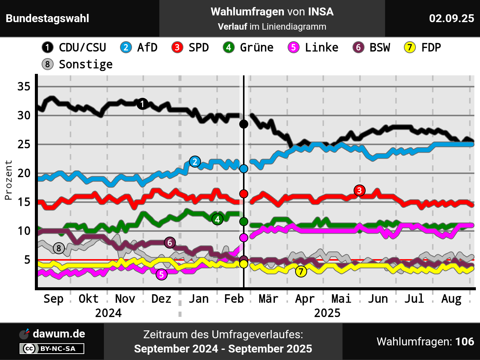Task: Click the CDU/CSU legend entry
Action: click(74, 48)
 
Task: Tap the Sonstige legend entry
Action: click(77, 64)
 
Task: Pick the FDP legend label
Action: click(423, 48)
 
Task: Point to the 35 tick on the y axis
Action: click(24, 87)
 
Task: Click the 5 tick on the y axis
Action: click(27, 259)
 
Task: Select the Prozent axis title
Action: click(8, 180)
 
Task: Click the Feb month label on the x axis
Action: click(234, 299)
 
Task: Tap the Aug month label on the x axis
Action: click(451, 299)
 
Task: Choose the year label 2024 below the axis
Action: click(108, 313)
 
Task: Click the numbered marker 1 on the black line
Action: click(142, 104)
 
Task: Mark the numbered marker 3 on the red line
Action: click(359, 190)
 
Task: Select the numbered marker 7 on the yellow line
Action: click(301, 271)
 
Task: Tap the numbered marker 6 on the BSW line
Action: click(169, 243)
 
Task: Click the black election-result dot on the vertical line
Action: click(244, 124)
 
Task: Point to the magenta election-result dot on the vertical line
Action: click(244, 237)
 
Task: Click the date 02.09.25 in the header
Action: click(451, 18)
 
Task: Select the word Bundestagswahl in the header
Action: click(48, 18)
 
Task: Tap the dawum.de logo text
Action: click(59, 334)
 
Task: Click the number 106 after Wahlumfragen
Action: click(465, 342)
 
